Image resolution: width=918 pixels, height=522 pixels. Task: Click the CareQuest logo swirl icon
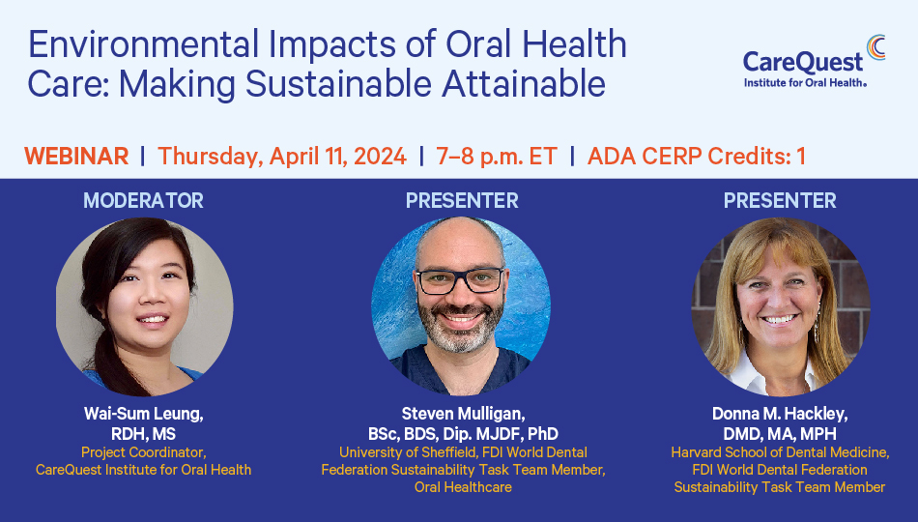[876, 46]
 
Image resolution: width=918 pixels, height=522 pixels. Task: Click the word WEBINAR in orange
[76, 157]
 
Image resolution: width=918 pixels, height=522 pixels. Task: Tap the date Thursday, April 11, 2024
[282, 157]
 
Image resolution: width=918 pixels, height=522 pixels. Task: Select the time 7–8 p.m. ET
[497, 157]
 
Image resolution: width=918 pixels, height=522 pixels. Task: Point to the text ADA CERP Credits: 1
[697, 157]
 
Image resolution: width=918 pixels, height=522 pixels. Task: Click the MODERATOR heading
[143, 200]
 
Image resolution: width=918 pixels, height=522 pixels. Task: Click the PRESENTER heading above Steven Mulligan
[462, 200]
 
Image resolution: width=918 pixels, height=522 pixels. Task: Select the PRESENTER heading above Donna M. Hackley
[780, 200]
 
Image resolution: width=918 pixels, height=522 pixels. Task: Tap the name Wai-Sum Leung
[143, 414]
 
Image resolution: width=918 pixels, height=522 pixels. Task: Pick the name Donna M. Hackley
[780, 414]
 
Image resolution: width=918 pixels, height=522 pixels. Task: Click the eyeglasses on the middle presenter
[460, 280]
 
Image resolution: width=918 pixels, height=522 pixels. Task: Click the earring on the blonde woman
[817, 327]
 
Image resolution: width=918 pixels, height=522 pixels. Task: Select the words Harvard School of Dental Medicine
[780, 452]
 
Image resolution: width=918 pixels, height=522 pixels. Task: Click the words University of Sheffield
[408, 452]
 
